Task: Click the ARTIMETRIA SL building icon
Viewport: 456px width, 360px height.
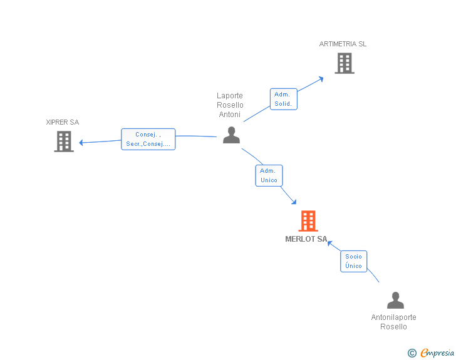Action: click(344, 63)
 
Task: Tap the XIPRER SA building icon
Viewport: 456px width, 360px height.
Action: click(64, 141)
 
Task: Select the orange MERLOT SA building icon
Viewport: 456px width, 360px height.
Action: click(308, 221)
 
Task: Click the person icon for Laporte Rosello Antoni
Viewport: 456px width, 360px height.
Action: click(231, 135)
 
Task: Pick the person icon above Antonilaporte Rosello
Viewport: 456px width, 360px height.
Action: click(395, 301)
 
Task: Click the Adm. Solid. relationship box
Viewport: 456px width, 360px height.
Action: click(283, 99)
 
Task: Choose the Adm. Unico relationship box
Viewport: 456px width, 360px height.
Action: click(269, 175)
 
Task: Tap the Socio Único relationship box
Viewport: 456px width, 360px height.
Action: click(353, 261)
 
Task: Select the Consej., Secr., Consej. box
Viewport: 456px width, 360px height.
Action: click(148, 139)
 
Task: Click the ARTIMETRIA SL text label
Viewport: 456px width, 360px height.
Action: click(343, 44)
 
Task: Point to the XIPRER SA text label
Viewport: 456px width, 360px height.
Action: click(63, 123)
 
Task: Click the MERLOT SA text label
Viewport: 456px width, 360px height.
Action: click(306, 239)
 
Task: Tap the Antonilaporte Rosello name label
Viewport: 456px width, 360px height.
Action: click(393, 322)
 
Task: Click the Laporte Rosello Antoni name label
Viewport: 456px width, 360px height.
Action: click(230, 105)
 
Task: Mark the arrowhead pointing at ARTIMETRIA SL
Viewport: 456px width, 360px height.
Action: click(321, 78)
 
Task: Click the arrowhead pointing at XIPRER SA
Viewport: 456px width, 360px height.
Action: click(82, 142)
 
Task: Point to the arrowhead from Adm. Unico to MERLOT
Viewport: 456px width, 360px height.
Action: click(293, 202)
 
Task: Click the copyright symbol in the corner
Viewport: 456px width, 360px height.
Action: click(412, 353)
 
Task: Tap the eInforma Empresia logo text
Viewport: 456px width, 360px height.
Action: click(437, 353)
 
